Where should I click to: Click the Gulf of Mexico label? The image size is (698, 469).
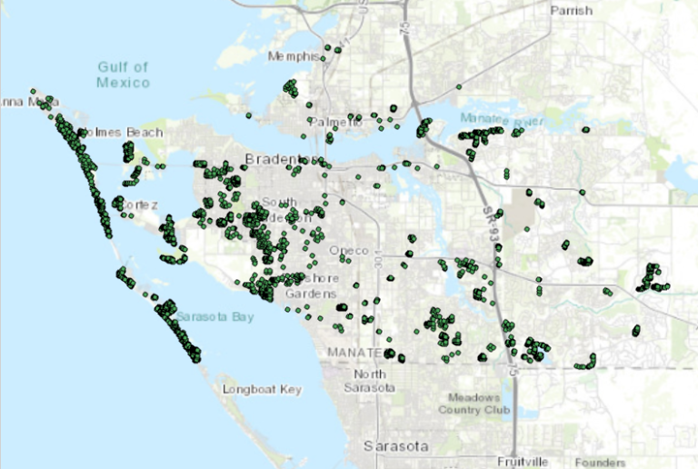[x=123, y=75]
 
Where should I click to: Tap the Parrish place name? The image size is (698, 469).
[x=571, y=11]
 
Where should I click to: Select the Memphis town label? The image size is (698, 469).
[x=293, y=57]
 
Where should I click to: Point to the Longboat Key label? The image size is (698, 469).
[x=262, y=390]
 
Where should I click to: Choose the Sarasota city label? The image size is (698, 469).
[x=395, y=446]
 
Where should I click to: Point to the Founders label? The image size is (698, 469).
[x=600, y=461]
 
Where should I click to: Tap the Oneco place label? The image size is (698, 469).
[x=349, y=251]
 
